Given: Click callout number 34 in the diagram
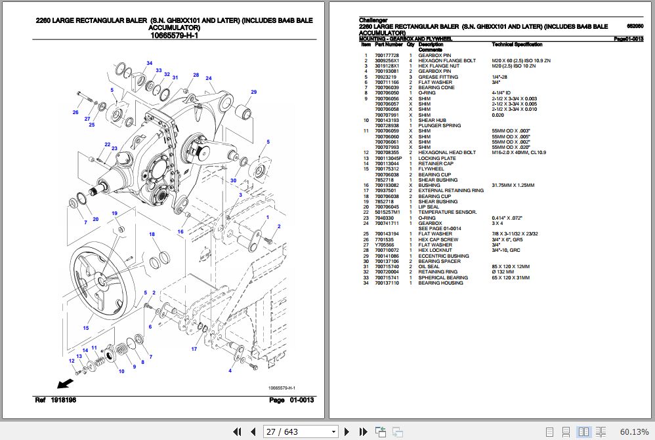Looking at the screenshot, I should click(150, 64).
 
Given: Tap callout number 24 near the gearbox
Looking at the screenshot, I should click(209, 79).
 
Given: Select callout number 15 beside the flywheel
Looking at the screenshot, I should click(85, 327).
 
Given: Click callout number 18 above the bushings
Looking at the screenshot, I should click(152, 234).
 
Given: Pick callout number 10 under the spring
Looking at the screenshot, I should click(121, 372).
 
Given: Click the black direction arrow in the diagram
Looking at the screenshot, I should click(65, 383).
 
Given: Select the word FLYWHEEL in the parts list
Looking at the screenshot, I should click(431, 169).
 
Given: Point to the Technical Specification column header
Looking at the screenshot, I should click(517, 45).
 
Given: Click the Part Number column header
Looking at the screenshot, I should click(389, 45).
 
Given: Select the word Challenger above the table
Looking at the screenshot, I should click(373, 20).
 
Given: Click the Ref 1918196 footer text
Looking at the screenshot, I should click(56, 400).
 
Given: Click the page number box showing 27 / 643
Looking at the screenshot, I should click(301, 431).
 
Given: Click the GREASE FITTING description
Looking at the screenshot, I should click(438, 77).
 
